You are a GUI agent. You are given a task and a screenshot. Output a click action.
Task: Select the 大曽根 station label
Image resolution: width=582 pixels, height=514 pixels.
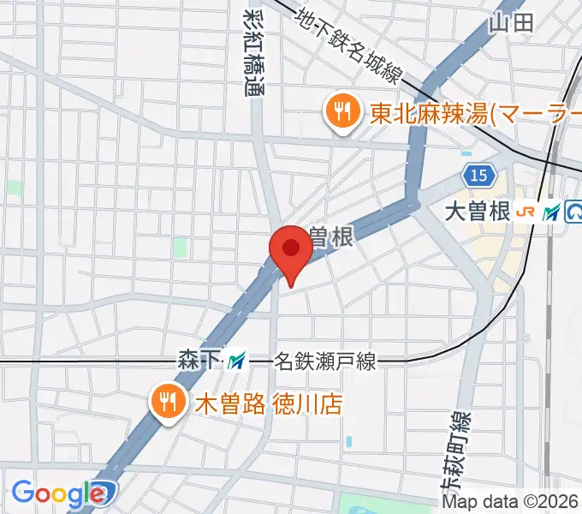[478, 211]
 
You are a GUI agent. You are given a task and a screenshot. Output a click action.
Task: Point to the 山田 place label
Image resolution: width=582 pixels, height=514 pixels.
[511, 22]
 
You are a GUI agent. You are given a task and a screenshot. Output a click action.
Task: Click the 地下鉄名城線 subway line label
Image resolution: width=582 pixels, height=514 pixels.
[349, 46]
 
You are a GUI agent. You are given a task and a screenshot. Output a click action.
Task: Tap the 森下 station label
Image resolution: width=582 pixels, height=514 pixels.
[199, 359]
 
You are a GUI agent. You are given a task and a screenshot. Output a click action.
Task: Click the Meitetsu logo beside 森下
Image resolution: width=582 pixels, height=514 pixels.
[237, 360]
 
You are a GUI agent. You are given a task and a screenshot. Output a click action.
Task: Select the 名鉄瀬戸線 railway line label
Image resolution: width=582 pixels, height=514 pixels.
[324, 362]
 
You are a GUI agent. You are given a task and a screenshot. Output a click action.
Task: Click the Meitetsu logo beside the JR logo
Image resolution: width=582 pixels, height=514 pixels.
[551, 211]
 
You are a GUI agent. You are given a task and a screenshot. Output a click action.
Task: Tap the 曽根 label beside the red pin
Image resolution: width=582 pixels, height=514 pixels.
[330, 238]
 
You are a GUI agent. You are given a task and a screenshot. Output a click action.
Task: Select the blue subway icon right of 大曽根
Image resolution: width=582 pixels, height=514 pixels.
[573, 211]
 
